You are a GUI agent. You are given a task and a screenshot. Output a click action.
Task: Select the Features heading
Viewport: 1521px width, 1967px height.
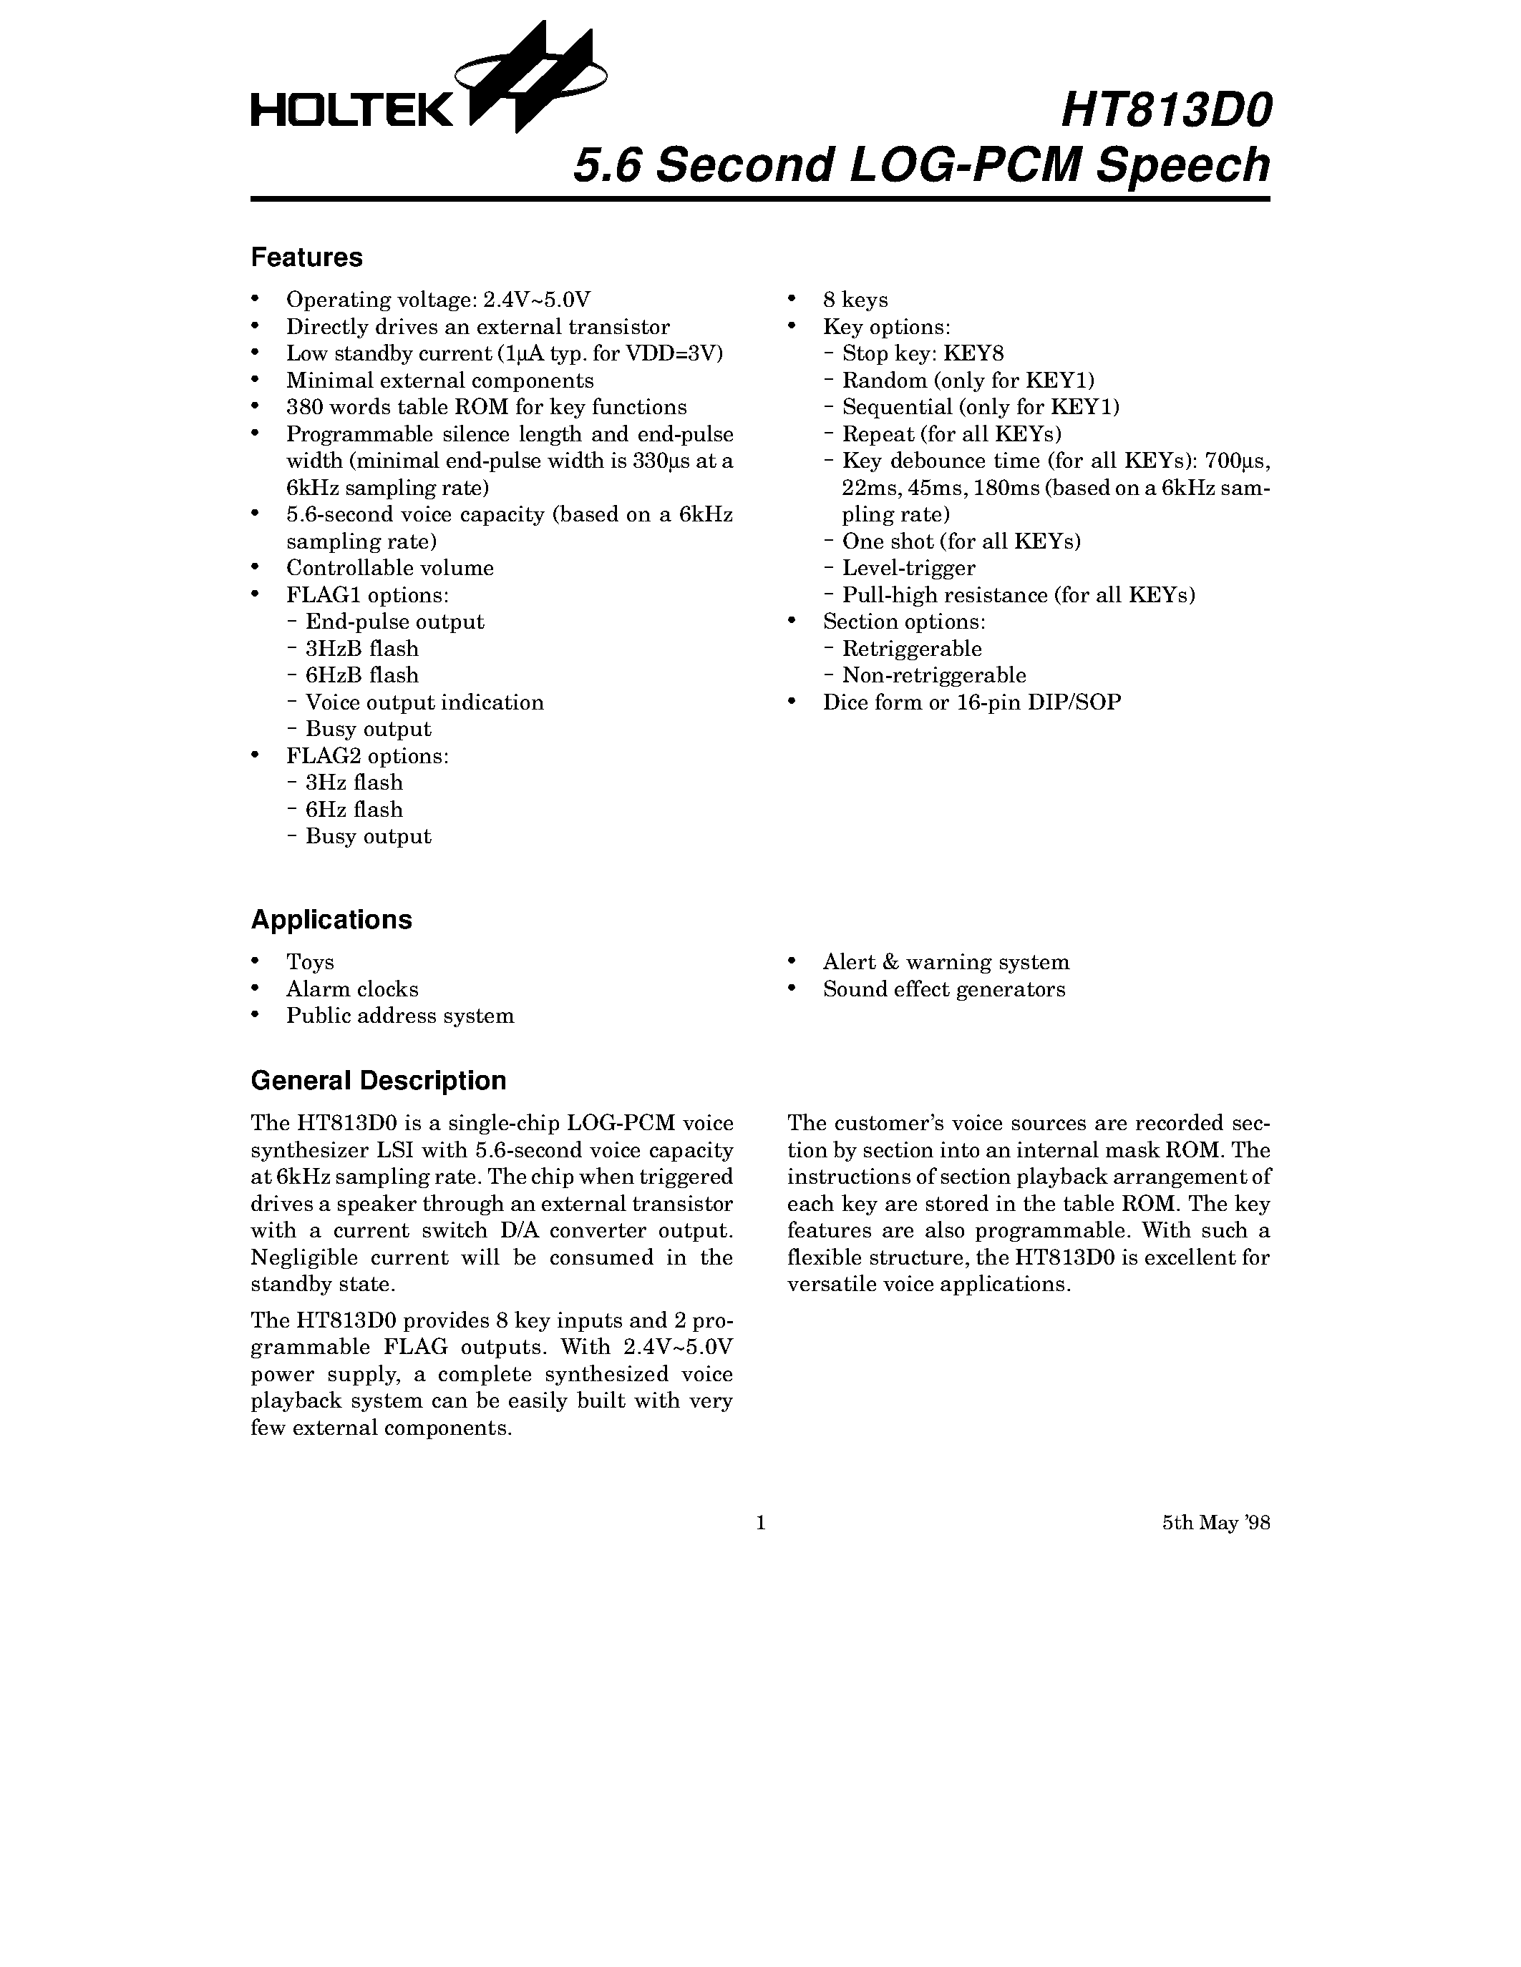[306, 257]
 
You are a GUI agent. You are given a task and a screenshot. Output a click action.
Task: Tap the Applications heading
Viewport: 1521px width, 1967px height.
[331, 920]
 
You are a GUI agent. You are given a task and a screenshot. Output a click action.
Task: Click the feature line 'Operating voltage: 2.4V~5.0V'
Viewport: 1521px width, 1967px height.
[438, 300]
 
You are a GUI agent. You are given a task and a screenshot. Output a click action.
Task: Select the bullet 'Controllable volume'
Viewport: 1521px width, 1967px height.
[389, 569]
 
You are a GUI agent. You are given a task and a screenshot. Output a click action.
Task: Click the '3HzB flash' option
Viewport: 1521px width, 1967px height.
[361, 649]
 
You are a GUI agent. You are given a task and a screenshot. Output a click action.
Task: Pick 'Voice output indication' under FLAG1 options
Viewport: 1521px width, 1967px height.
[424, 702]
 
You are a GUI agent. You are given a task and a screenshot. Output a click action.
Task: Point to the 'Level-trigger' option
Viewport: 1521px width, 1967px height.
[908, 569]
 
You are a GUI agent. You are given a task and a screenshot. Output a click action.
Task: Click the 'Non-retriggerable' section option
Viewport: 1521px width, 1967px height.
[933, 675]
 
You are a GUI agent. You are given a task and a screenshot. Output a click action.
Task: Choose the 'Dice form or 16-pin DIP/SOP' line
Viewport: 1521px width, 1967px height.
[971, 702]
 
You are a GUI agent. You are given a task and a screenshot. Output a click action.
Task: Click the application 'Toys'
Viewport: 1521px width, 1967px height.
[310, 963]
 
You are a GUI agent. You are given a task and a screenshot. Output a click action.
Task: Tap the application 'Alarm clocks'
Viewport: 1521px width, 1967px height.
[351, 989]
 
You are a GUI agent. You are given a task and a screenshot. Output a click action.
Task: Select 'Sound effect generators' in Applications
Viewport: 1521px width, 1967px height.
[943, 989]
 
